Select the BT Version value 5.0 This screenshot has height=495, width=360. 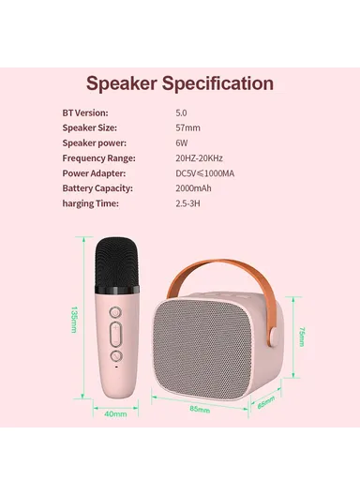click(x=182, y=112)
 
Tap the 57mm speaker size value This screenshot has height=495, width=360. click(x=187, y=127)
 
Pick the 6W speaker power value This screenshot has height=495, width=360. click(x=181, y=142)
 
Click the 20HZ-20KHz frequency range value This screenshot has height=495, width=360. click(x=202, y=157)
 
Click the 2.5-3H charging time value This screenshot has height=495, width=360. click(x=187, y=202)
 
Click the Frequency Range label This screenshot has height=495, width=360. click(x=99, y=157)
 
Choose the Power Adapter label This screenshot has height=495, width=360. click(x=95, y=172)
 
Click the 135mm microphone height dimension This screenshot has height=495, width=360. click(x=75, y=321)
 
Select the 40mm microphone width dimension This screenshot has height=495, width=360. click(x=116, y=413)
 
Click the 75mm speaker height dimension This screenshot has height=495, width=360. click(x=301, y=336)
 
